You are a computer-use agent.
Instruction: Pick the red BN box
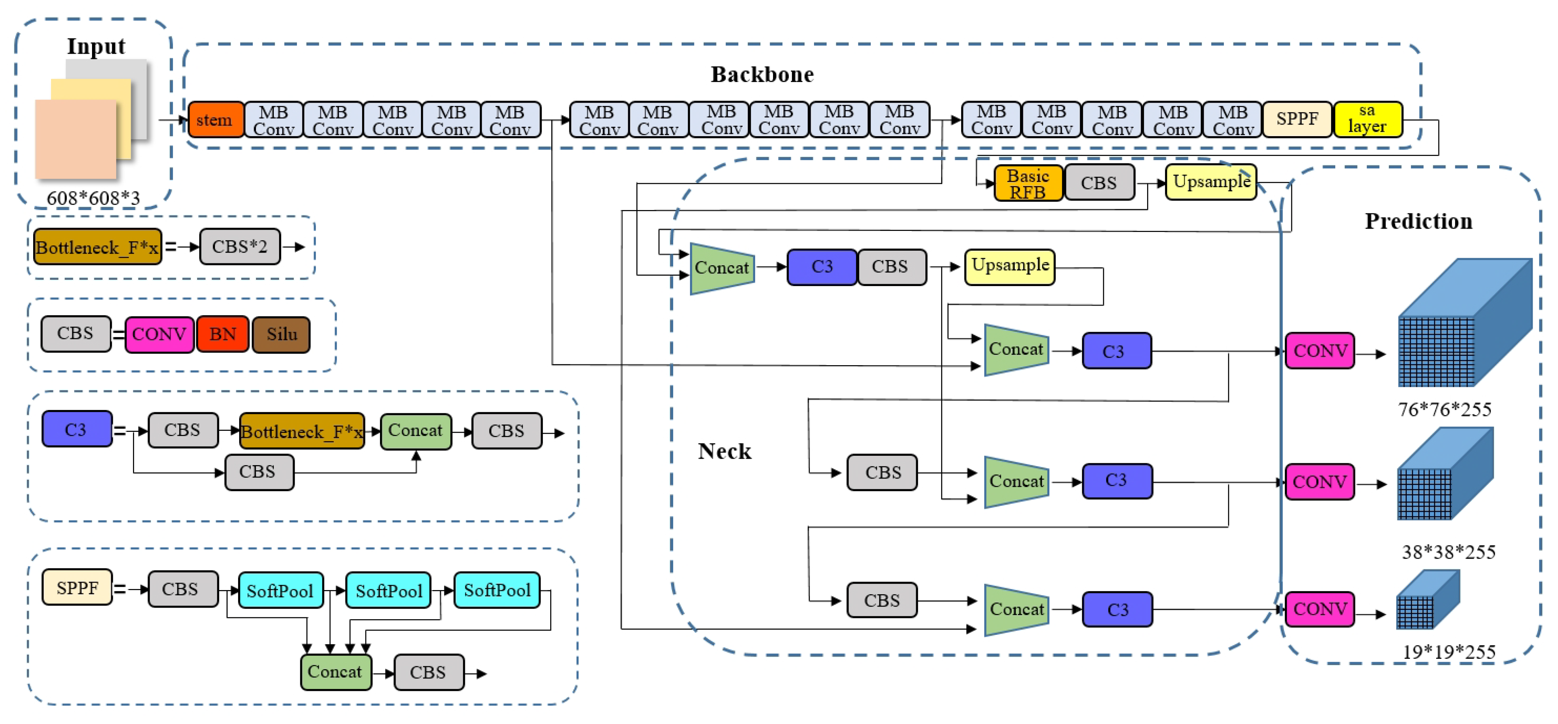click(x=222, y=334)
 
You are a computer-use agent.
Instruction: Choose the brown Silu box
click(x=281, y=335)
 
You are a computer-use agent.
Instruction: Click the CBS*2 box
click(x=240, y=247)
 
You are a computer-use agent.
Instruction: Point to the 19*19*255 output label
click(x=1448, y=652)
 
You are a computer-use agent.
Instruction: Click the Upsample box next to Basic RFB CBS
click(x=1210, y=182)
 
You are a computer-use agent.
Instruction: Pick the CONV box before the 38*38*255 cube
click(x=1319, y=482)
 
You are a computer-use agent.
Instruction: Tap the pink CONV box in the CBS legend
click(x=159, y=334)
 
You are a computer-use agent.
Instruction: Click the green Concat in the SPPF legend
click(x=335, y=672)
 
